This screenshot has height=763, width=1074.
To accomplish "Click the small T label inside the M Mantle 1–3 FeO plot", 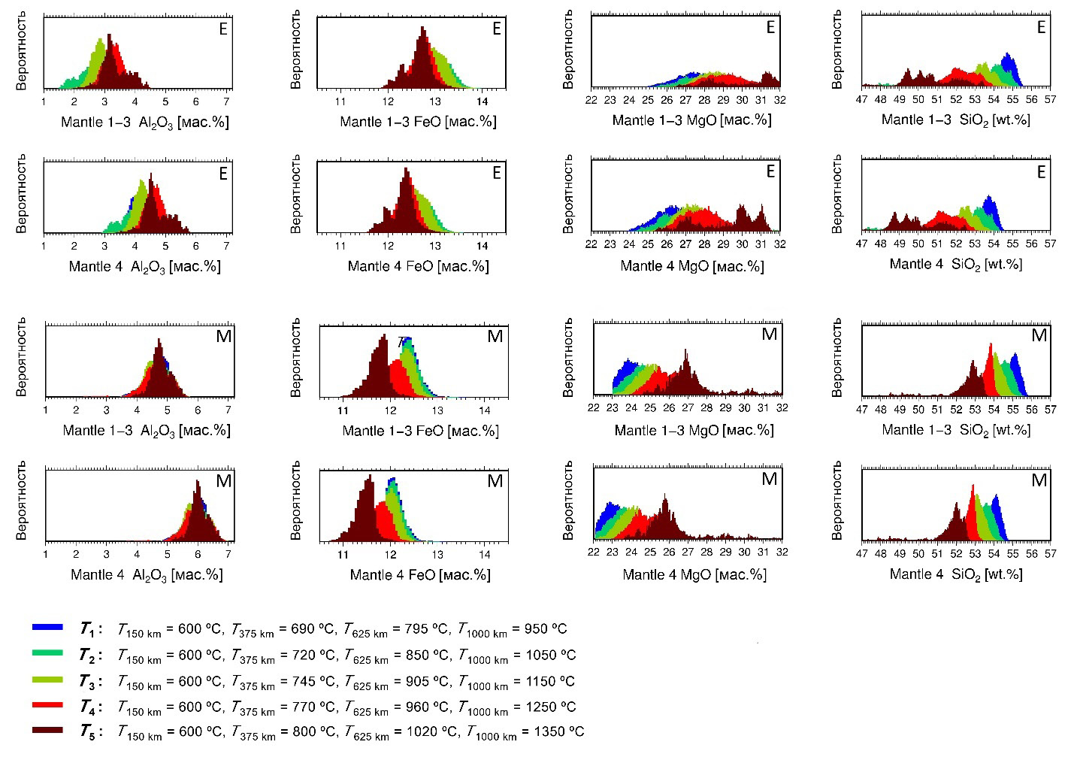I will coord(401,341).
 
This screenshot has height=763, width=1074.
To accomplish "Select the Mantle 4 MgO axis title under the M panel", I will coord(694,575).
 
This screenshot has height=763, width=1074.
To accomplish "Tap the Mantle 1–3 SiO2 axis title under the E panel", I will coord(955,120).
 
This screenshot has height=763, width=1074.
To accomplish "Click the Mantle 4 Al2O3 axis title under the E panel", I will coord(144,266).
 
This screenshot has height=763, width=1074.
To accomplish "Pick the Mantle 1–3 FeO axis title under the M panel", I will coord(420,431).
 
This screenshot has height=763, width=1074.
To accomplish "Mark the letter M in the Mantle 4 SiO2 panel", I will coord(1039,480).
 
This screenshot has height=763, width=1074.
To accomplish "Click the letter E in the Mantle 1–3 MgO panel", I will coord(770,28).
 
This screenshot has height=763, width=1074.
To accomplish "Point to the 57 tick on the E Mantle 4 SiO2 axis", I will coord(1050,244).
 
